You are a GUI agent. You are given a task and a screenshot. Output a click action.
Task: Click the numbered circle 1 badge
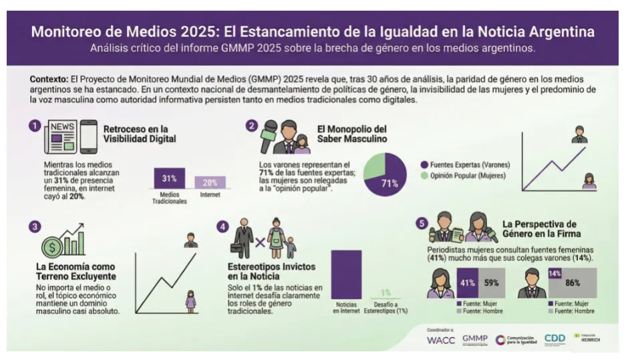(x=34, y=125)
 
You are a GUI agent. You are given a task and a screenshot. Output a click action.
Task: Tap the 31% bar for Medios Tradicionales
(x=168, y=178)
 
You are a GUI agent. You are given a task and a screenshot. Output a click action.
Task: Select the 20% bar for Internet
(x=210, y=182)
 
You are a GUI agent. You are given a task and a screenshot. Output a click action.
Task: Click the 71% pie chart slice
(x=388, y=181)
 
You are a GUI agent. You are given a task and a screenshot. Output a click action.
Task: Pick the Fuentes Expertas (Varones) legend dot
(x=424, y=164)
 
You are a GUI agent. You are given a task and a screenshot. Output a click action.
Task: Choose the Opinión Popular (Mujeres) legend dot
(x=424, y=176)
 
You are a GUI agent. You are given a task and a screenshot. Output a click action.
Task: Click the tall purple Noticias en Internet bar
(x=346, y=274)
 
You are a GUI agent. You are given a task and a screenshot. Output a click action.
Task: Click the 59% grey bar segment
(x=492, y=282)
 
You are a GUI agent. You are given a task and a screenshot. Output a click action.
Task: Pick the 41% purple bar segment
(x=467, y=282)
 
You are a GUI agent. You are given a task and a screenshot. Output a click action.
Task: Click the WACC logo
(x=440, y=340)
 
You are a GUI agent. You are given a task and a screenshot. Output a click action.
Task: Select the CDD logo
(x=555, y=339)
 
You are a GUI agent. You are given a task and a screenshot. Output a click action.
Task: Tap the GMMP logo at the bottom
(x=475, y=339)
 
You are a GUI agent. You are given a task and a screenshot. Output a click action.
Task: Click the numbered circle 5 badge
(x=422, y=224)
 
